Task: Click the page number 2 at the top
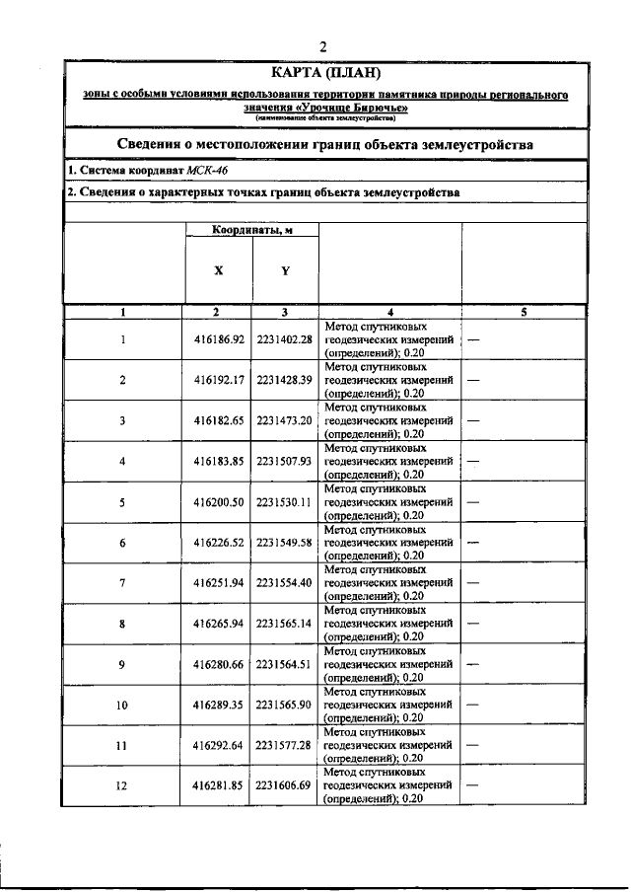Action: (x=322, y=45)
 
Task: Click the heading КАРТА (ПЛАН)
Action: (x=324, y=72)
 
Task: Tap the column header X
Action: (x=218, y=269)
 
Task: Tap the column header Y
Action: (x=285, y=269)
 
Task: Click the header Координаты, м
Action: (x=251, y=230)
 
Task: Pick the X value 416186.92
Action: (x=219, y=339)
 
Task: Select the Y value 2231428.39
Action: (x=284, y=380)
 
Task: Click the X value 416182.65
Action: (x=219, y=420)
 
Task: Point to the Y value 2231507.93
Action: (x=284, y=461)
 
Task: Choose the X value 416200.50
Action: (x=219, y=502)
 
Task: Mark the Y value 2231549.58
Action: (x=284, y=543)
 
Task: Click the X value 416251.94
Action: (x=219, y=583)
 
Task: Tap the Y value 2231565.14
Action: (x=284, y=624)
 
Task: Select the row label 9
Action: (x=123, y=664)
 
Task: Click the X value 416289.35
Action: (x=219, y=706)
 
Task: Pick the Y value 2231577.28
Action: (x=284, y=746)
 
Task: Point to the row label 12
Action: (x=123, y=786)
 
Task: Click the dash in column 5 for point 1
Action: (x=474, y=339)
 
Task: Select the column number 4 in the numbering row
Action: (x=390, y=312)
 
